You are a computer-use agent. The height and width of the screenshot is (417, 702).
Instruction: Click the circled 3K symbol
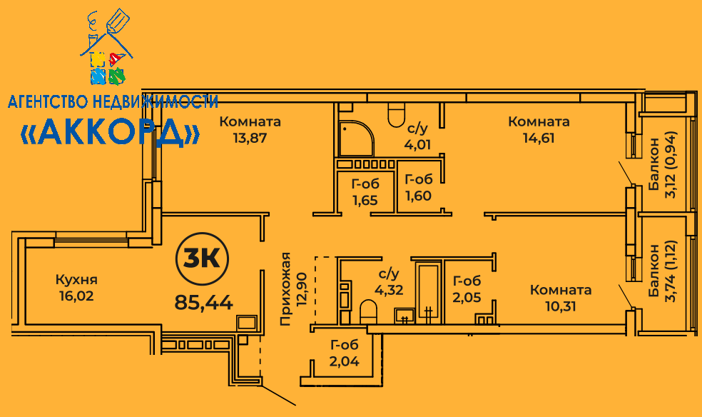tap(203, 259)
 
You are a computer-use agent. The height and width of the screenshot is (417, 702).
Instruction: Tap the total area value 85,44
tap(204, 303)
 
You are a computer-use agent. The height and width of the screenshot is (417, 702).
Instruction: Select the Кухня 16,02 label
tap(76, 288)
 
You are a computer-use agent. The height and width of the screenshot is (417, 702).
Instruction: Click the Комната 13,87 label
tap(250, 129)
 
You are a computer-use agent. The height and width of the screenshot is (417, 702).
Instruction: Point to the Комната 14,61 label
tap(539, 129)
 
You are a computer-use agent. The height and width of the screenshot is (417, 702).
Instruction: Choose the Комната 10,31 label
tap(561, 298)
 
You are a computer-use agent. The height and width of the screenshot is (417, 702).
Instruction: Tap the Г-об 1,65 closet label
tap(365, 191)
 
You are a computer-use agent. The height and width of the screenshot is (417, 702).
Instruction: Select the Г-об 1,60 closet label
tap(419, 187)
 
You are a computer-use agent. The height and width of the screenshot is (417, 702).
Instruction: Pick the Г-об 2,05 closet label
tap(467, 289)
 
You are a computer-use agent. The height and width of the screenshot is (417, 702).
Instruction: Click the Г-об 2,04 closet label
tap(345, 353)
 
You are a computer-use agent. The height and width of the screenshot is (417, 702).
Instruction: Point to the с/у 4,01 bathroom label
tap(417, 136)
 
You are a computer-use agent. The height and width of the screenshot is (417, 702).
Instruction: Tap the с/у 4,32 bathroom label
tap(389, 282)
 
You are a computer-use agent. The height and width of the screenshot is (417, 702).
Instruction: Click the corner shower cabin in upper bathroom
tap(356, 138)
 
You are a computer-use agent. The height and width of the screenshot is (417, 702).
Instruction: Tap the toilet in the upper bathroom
tap(396, 115)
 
